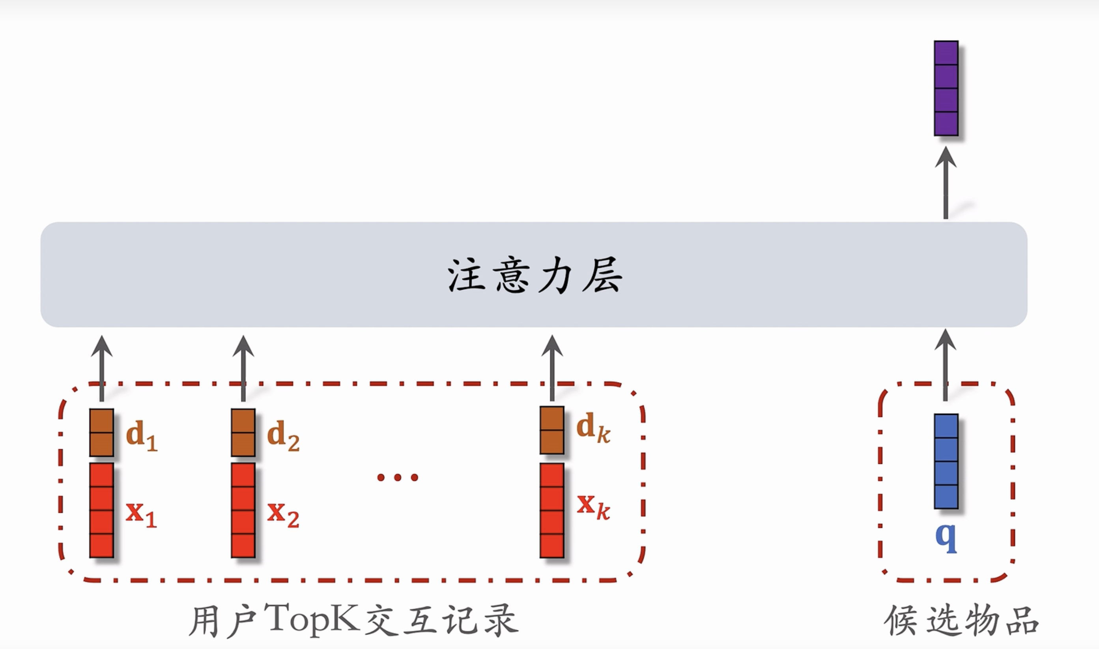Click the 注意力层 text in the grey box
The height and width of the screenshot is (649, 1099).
click(x=535, y=276)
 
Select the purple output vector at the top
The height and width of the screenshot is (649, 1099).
click(x=946, y=88)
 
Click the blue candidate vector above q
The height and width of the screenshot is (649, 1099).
click(x=946, y=461)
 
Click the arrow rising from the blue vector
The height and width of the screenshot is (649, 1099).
click(x=945, y=365)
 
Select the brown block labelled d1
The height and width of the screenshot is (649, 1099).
click(x=101, y=433)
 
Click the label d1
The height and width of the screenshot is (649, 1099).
click(x=141, y=436)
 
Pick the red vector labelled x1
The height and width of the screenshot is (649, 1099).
click(x=101, y=510)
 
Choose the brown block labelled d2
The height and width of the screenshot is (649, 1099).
click(x=243, y=433)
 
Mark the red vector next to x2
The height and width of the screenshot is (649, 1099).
click(x=243, y=510)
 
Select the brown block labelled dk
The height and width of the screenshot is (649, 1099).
click(x=551, y=430)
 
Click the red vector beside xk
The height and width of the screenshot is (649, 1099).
click(x=551, y=510)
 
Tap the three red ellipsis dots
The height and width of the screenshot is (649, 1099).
click(x=397, y=477)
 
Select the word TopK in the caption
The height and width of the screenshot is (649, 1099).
click(x=312, y=618)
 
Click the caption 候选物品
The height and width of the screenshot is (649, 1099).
click(x=961, y=620)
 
